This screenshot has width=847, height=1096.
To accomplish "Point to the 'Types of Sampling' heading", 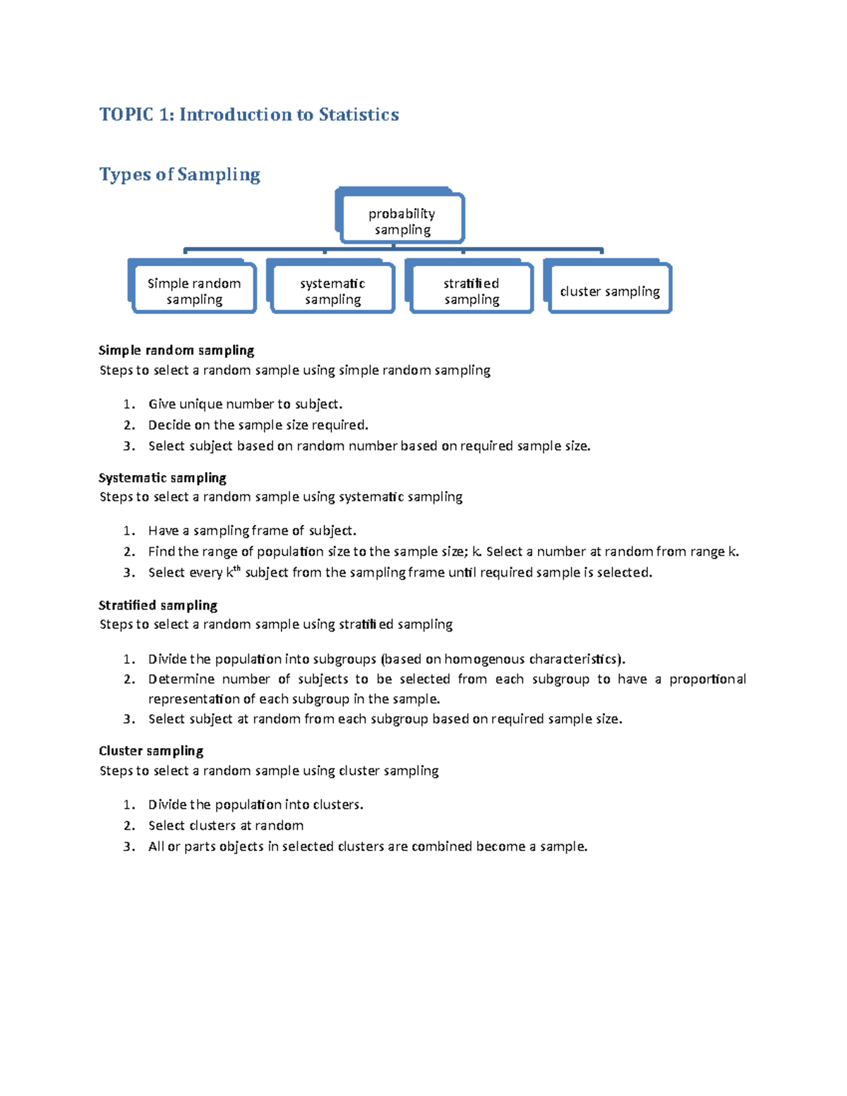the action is pos(179,174).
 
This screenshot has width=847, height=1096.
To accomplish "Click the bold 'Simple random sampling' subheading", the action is pos(176,350).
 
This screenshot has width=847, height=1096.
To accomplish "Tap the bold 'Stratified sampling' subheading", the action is pos(158,605).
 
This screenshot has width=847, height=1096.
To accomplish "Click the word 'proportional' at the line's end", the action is pos(707,680).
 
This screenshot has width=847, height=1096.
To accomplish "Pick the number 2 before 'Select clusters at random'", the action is pos(128,826).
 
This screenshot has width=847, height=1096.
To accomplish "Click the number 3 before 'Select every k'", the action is pos(128,572).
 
